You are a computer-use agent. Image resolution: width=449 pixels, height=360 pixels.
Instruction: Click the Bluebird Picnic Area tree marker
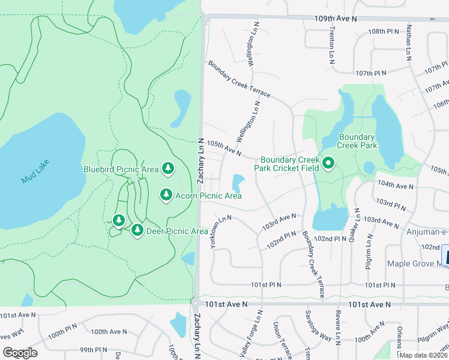pyautogui.click(x=168, y=170)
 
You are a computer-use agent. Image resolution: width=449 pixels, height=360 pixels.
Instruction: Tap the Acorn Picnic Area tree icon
pyautogui.click(x=166, y=195)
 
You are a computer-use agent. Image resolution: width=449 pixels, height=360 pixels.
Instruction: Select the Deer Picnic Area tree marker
pyautogui.click(x=137, y=230)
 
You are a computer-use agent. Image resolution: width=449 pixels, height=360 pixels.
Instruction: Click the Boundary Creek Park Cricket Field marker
pyautogui.click(x=328, y=163)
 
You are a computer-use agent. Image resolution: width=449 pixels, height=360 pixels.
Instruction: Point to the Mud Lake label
pyautogui.click(x=35, y=171)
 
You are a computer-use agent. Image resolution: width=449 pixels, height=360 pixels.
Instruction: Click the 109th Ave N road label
pyautogui.click(x=336, y=19)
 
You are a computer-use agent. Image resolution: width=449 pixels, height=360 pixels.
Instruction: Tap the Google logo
pyautogui.click(x=20, y=352)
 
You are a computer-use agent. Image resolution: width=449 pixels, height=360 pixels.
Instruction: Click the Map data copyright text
pyautogui.click(x=423, y=355)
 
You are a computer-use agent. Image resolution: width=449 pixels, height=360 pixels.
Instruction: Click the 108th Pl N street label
pyautogui.click(x=384, y=31)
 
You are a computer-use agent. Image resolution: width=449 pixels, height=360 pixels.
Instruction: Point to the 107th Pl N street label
pyautogui.click(x=371, y=73)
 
